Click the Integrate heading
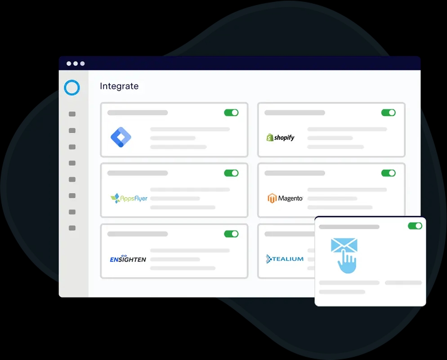point(119,86)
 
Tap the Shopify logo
point(280,137)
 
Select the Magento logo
point(285,198)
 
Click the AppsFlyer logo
point(129,198)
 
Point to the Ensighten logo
point(128,259)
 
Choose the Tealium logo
point(285,259)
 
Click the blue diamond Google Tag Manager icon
point(121,137)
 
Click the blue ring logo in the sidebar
point(72,88)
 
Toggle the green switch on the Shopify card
point(388,112)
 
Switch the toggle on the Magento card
point(388,173)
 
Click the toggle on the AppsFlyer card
point(231,173)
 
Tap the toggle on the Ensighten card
point(231,234)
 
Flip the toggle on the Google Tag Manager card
point(231,112)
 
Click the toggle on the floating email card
point(415,225)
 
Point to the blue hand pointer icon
point(347,262)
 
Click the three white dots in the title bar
point(76,63)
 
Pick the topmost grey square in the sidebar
point(72,114)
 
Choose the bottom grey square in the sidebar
point(72,228)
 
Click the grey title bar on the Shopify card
point(295,112)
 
